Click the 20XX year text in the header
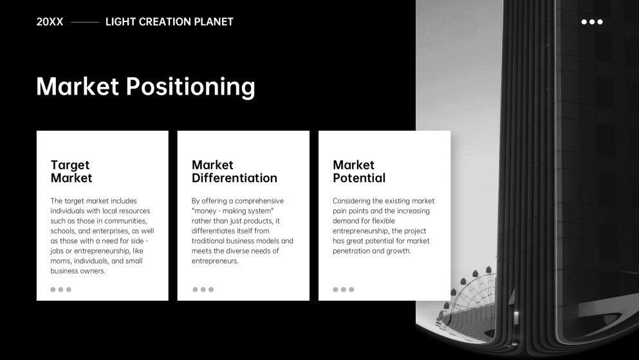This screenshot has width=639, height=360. [50, 22]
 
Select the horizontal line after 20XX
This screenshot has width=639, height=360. [85, 22]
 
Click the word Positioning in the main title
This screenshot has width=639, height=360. [190, 87]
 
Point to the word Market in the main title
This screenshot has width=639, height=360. [77, 86]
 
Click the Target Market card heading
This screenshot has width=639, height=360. [71, 171]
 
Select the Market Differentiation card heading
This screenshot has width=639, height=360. [234, 171]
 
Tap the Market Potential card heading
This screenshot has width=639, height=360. [359, 171]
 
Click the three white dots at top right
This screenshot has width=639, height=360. [592, 22]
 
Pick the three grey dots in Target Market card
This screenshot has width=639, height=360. [60, 289]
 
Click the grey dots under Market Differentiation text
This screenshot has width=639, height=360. [203, 289]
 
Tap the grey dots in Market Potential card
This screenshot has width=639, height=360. [344, 289]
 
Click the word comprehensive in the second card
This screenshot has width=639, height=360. [259, 202]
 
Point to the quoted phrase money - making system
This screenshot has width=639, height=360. [233, 211]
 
